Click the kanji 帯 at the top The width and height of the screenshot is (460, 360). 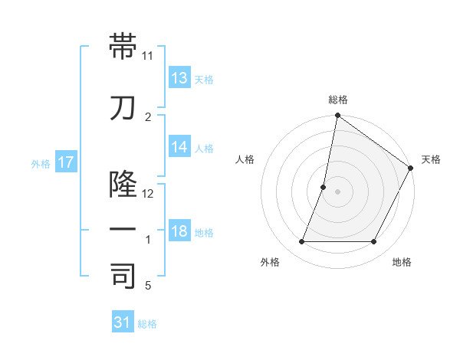123,47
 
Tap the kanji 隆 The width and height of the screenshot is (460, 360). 123,184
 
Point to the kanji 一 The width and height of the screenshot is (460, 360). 123,229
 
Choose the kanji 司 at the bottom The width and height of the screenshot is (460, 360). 123,276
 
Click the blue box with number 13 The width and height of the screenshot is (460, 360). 179,78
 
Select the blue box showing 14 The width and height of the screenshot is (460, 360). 179,148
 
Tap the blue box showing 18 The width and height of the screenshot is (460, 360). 179,232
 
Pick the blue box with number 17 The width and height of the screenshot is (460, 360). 66,162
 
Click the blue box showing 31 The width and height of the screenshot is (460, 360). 123,322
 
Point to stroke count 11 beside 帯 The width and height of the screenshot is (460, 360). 148,56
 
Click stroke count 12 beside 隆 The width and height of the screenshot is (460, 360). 148,194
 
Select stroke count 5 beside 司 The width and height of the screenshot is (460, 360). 148,286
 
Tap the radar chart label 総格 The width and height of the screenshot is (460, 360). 338,100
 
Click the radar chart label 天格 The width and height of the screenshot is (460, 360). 432,159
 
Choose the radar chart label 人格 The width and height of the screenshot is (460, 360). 245,159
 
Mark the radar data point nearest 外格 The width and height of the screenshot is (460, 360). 301,242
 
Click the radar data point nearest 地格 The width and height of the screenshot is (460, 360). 374,242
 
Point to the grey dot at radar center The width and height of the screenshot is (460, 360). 337,191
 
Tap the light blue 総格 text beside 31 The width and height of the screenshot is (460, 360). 147,324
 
